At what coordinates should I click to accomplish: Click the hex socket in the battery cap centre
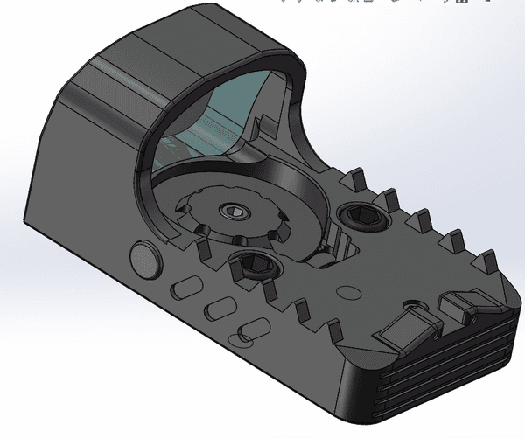click(x=234, y=212)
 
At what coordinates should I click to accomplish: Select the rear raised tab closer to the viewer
click(x=405, y=329)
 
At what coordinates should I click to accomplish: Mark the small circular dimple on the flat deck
click(x=351, y=292)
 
